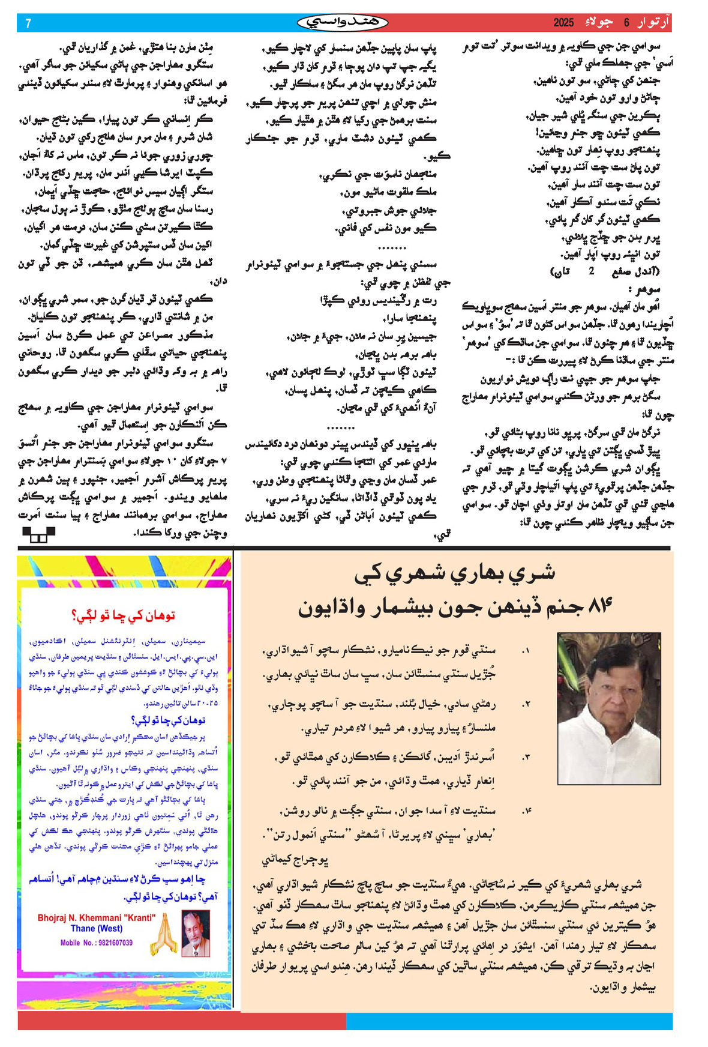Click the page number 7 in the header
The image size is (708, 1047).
[28, 23]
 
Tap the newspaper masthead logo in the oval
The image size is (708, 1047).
[343, 23]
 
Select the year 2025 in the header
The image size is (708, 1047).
[564, 23]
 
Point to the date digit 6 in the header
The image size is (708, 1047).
[626, 23]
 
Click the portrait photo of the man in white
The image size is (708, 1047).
[608, 708]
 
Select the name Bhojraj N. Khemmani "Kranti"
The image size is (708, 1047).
[97, 918]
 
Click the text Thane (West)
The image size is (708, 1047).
[97, 928]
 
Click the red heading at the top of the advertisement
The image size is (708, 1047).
[123, 615]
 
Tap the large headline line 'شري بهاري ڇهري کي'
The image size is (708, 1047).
[455, 573]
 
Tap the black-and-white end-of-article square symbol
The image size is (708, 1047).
[38, 534]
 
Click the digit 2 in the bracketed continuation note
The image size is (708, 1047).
[591, 271]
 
